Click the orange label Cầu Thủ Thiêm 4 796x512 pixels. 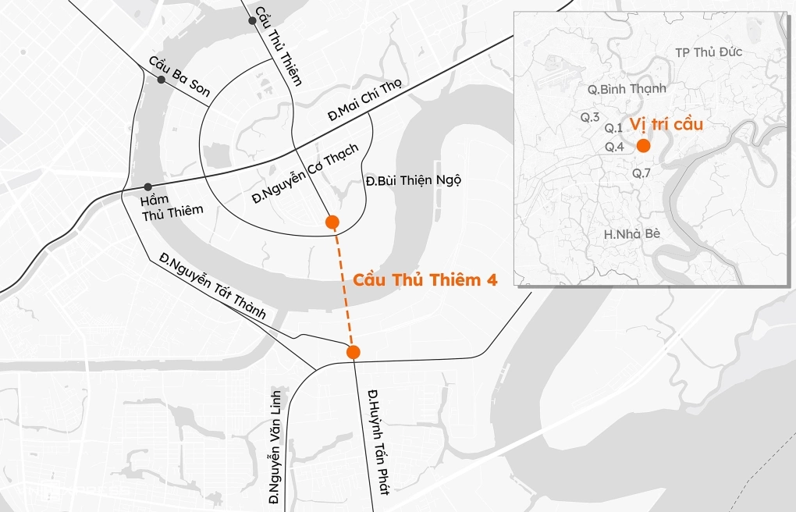(425, 279)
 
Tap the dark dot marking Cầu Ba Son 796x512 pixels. (161, 80)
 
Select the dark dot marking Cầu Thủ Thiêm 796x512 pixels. (252, 20)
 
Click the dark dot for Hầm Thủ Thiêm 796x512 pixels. (147, 187)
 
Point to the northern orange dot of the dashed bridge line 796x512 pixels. (332, 222)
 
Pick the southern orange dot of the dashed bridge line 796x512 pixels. (353, 352)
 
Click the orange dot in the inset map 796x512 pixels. (643, 146)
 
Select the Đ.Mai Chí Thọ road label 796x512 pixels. (365, 100)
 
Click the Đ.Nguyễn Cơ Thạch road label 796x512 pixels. (305, 173)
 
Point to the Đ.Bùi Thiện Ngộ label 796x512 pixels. (413, 180)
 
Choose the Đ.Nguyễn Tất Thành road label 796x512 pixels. (212, 285)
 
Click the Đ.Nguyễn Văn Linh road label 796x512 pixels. (274, 444)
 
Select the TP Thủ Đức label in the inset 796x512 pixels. (709, 52)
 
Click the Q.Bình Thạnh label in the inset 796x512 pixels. (627, 89)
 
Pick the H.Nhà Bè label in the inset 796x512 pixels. (633, 233)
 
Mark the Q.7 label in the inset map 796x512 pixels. (641, 172)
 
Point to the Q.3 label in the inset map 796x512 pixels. (590, 117)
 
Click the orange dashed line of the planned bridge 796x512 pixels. (343, 287)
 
